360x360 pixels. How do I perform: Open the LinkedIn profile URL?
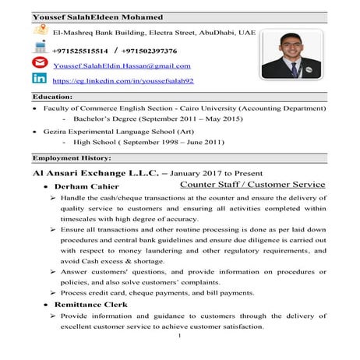pyautogui.click(x=122, y=80)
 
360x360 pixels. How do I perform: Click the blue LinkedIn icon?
pyautogui.click(x=38, y=79)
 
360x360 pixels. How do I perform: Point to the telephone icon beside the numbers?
pyautogui.click(x=38, y=49)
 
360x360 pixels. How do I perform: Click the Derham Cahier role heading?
pyautogui.click(x=86, y=188)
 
